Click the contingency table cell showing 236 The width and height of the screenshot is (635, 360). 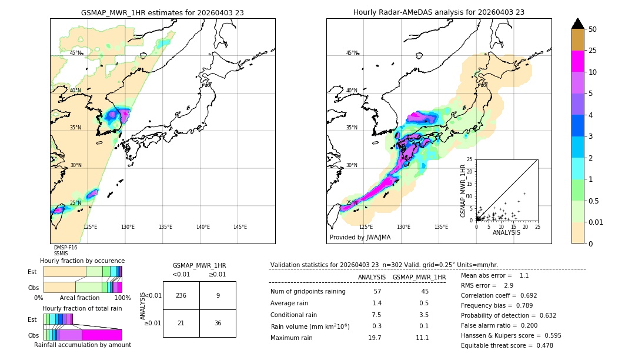181,295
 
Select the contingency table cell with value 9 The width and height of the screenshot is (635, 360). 218,295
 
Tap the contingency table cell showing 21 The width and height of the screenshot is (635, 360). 181,323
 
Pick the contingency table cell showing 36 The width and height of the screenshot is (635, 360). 218,323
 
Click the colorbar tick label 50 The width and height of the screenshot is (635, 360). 593,29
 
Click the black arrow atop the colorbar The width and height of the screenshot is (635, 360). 578,24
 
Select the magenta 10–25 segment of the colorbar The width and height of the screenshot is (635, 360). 578,61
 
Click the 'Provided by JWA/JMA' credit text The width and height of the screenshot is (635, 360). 360,238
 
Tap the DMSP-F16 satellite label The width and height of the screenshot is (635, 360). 65,248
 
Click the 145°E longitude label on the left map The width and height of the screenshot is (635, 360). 240,227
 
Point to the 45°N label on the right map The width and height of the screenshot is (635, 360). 352,54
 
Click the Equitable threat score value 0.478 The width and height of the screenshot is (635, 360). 542,345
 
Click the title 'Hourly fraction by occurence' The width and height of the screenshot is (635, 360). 82,261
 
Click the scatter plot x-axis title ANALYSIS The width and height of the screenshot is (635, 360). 506,232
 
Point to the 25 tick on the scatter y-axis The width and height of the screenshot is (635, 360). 470,159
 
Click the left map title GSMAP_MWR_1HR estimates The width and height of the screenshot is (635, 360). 162,12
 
